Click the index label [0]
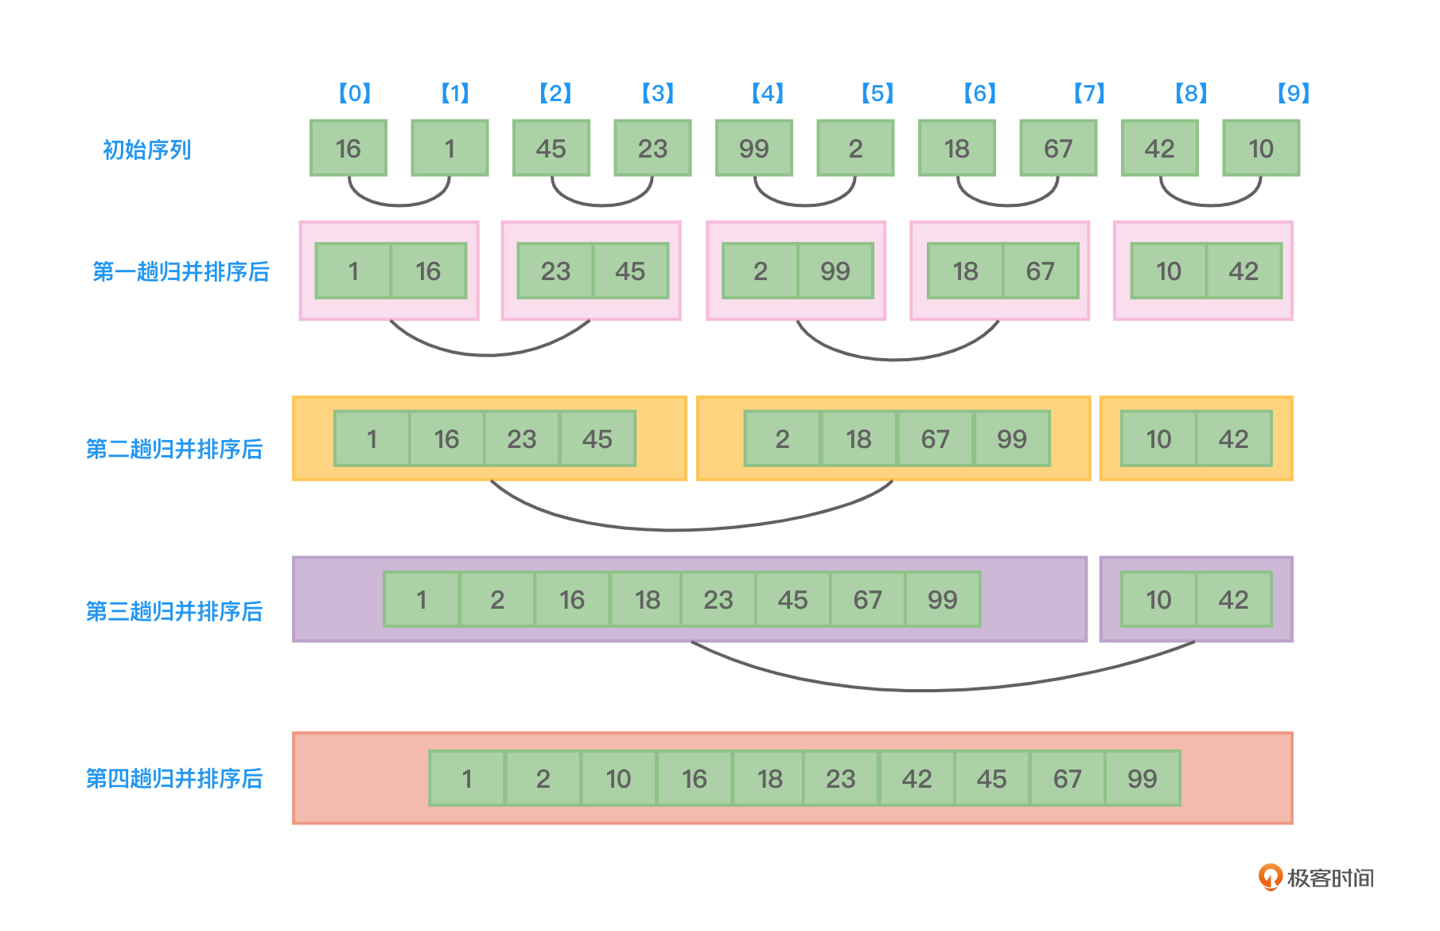coord(355,93)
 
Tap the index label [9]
coord(1293,93)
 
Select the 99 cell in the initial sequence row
coord(753,148)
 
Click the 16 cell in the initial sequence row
coord(348,148)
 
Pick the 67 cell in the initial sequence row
coord(1058,148)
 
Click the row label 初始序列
coord(147,150)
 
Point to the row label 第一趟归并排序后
coord(181,271)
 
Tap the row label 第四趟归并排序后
coord(174,778)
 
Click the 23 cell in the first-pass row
coord(555,271)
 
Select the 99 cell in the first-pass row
coord(835,271)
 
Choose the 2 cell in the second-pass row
coord(782,438)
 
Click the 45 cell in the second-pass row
coord(597,438)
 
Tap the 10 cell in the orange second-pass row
coord(1158,438)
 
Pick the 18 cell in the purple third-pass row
coord(647,599)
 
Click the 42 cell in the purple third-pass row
coord(1233,599)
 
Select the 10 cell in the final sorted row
coord(618,778)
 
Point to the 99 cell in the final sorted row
coord(1142,778)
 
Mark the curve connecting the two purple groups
coord(923,688)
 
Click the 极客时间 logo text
coord(1330,878)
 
